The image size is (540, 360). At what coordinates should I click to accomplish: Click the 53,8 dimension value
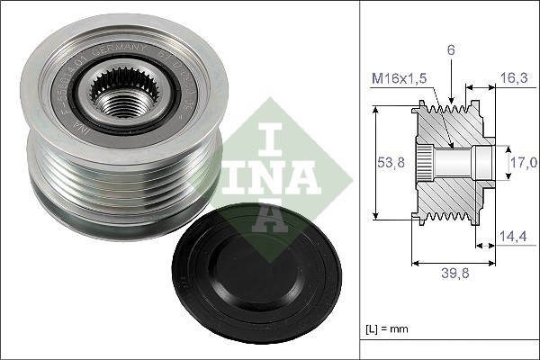pos(389,164)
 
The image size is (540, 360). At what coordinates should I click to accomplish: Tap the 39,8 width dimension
pos(454,275)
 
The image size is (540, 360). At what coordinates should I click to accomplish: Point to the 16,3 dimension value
pos(514,79)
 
